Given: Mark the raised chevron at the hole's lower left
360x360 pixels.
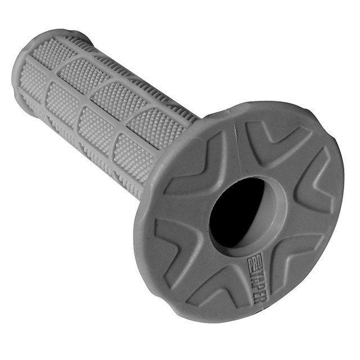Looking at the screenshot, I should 169,236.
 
